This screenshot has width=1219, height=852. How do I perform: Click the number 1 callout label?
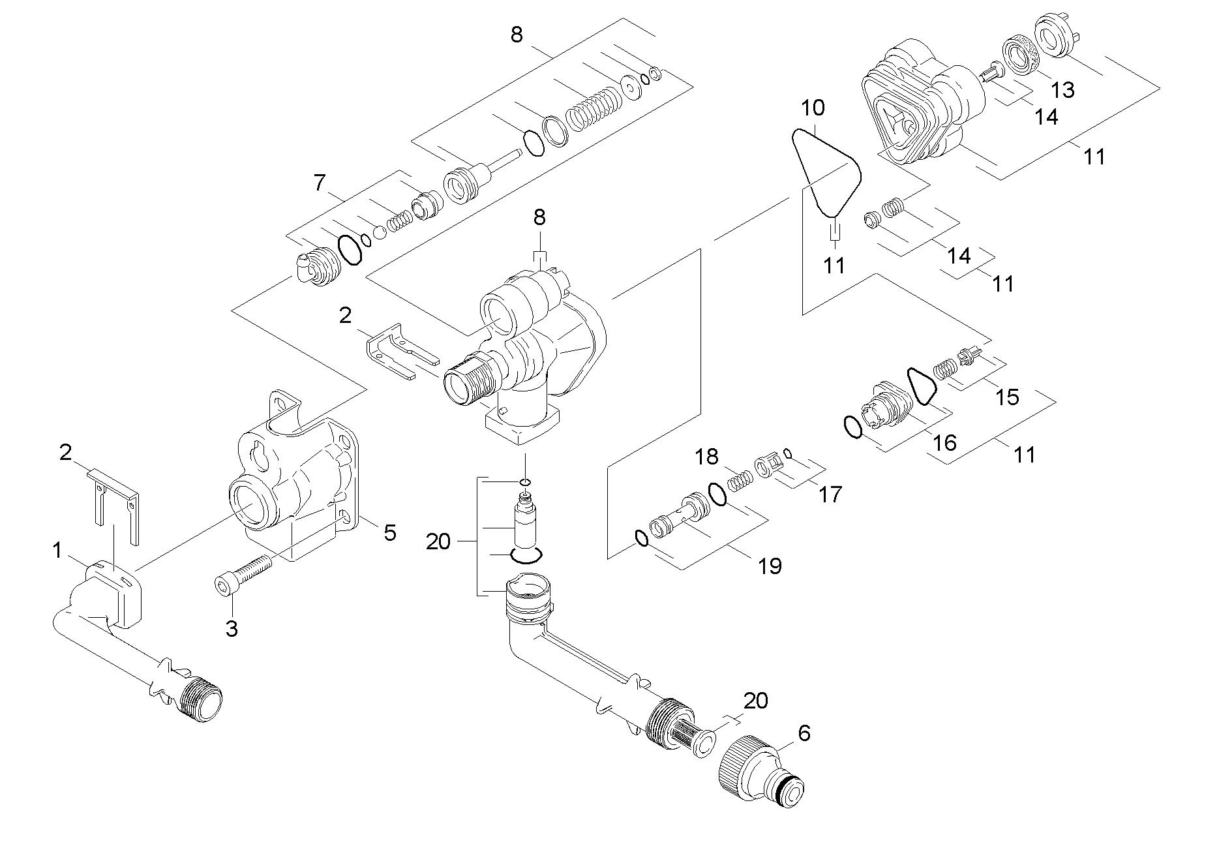pyautogui.click(x=57, y=551)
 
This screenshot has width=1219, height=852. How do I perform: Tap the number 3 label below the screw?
pyautogui.click(x=232, y=629)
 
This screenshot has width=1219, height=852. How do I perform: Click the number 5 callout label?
pyautogui.click(x=389, y=533)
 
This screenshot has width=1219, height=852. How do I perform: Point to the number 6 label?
pyautogui.click(x=804, y=733)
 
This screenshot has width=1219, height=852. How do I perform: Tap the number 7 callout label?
pyautogui.click(x=319, y=183)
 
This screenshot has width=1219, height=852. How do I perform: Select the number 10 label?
pyautogui.click(x=813, y=108)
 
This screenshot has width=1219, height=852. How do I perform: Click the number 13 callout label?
pyautogui.click(x=1063, y=90)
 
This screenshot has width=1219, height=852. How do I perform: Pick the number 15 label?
pyautogui.click(x=1008, y=397)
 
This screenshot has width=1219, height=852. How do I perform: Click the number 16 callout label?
pyautogui.click(x=944, y=443)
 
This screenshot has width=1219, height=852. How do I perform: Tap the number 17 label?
pyautogui.click(x=830, y=494)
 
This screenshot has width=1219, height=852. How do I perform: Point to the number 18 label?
pyautogui.click(x=706, y=456)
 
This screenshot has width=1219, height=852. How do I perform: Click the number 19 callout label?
pyautogui.click(x=770, y=566)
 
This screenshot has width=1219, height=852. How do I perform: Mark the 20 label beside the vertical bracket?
pyautogui.click(x=438, y=541)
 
